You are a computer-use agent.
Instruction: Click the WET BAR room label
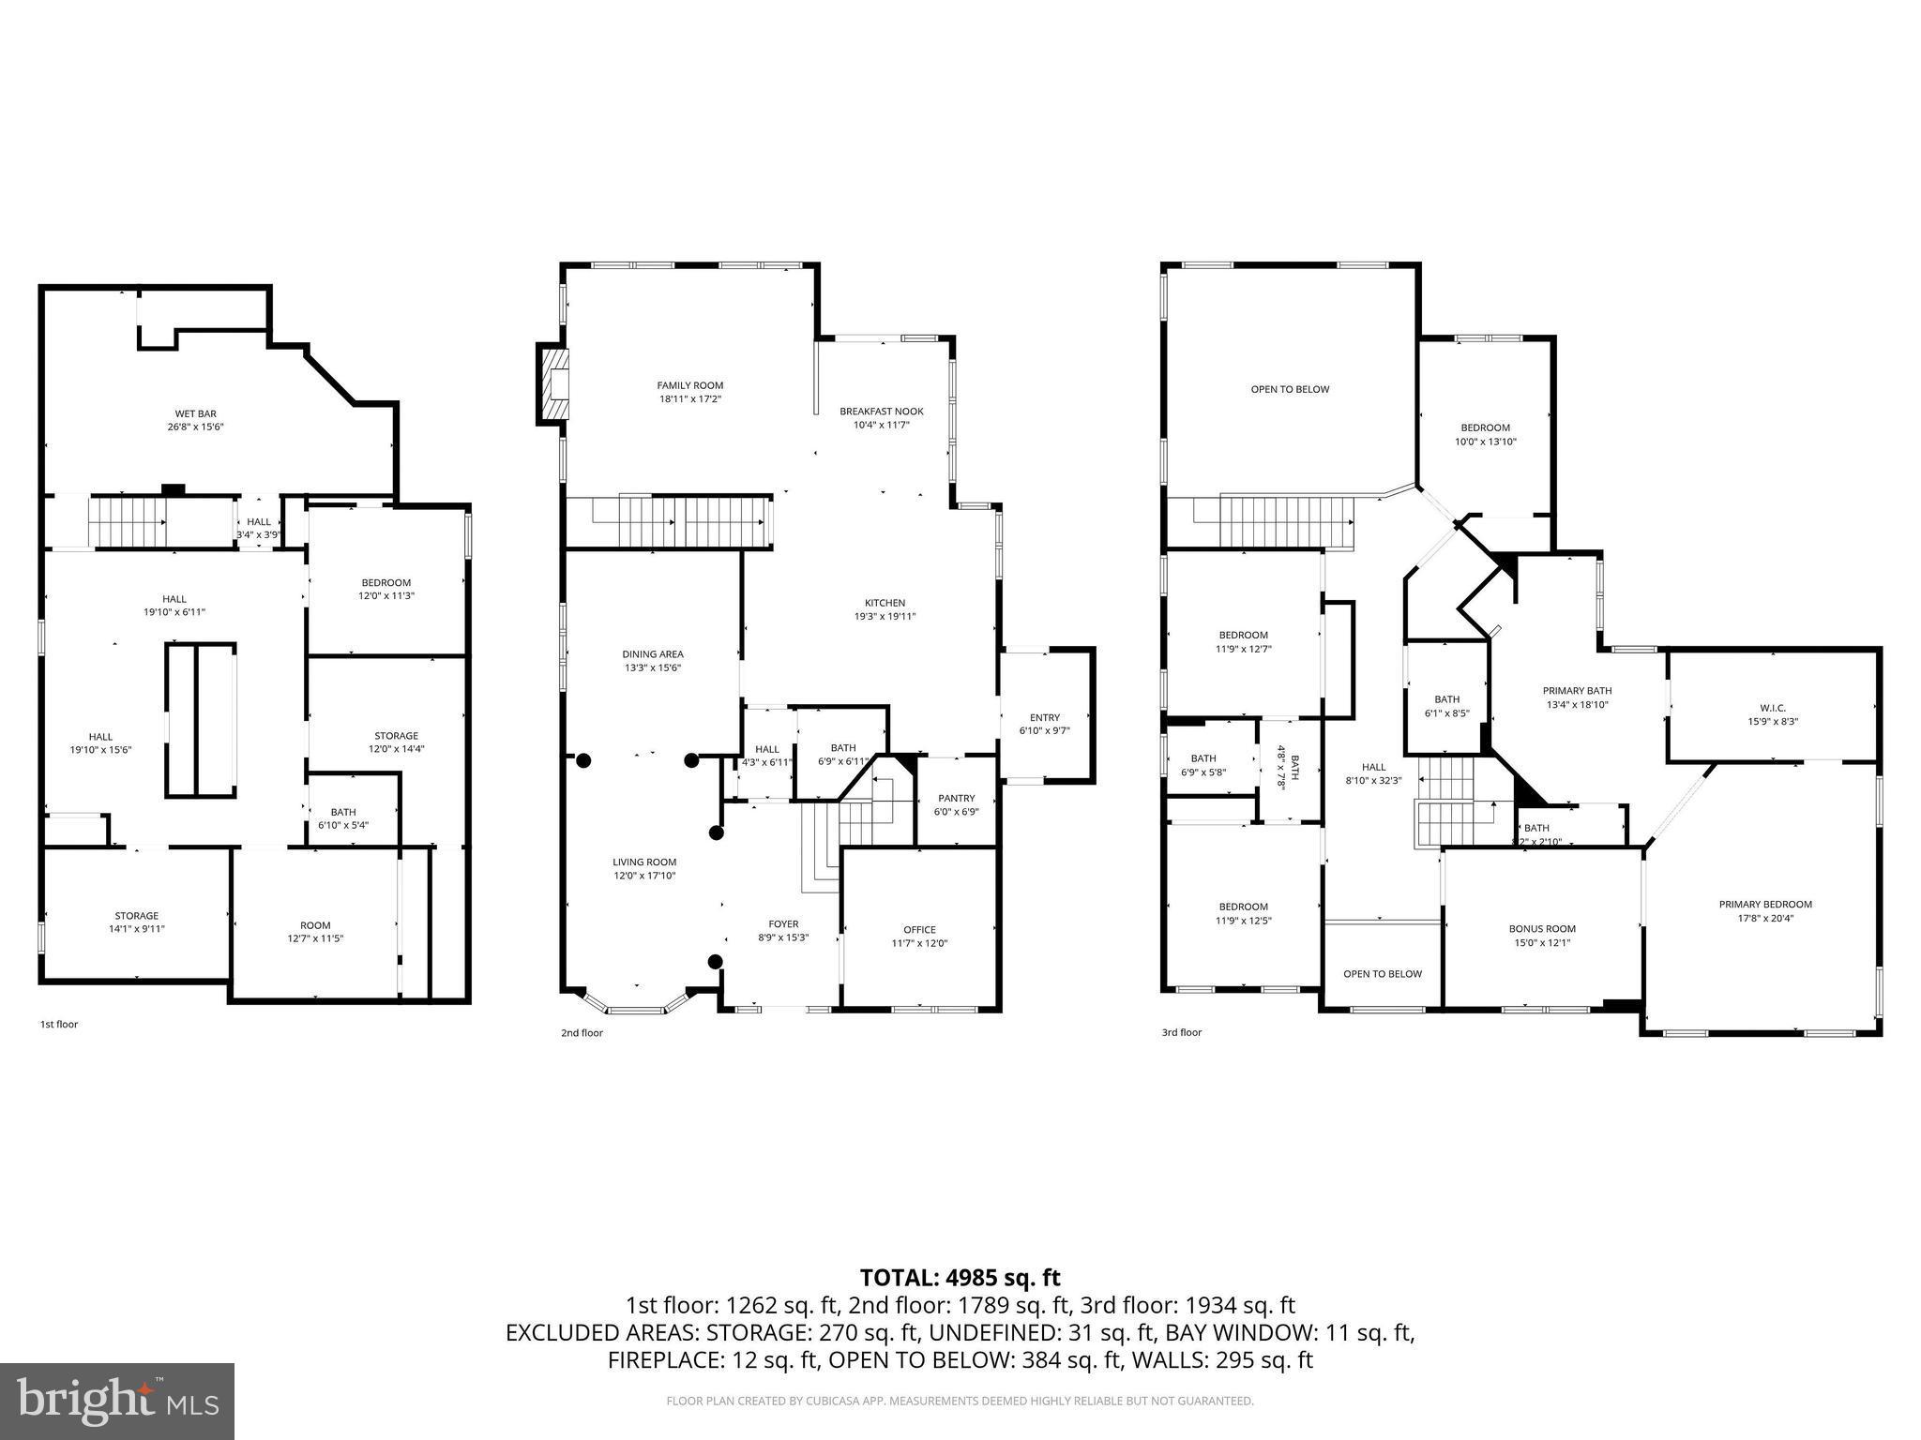[x=195, y=413]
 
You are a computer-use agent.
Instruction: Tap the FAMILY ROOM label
[x=689, y=385]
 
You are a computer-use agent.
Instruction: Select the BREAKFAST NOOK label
[x=881, y=412]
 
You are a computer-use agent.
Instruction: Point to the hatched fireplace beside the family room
[x=553, y=383]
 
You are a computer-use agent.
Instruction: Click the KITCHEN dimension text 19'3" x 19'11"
[x=885, y=616]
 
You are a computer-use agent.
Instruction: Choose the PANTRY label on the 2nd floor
[x=956, y=799]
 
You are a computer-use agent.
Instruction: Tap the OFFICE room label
[x=919, y=930]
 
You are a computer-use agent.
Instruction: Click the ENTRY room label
[x=1044, y=717]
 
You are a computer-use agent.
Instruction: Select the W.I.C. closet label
[x=1772, y=708]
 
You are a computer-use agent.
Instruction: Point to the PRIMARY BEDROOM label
[x=1765, y=905]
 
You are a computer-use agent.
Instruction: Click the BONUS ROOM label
[x=1542, y=929]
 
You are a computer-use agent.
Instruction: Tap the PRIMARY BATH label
[x=1577, y=691]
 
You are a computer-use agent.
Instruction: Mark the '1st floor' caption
[x=58, y=1024]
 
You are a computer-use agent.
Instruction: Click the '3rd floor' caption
[x=1181, y=1032]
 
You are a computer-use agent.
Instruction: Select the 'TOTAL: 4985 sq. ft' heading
[x=960, y=1277]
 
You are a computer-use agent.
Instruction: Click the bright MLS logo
[x=116, y=1401]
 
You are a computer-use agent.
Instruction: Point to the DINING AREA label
[x=653, y=654]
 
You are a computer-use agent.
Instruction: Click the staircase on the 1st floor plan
[x=127, y=523]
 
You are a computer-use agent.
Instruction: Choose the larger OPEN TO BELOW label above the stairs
[x=1290, y=389]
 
